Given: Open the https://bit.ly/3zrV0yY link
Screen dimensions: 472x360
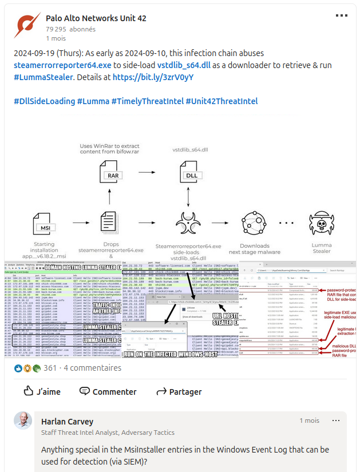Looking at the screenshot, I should [153, 77].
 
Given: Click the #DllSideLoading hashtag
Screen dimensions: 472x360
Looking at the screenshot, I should [44, 101].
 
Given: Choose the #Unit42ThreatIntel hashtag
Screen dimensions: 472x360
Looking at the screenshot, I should [221, 101].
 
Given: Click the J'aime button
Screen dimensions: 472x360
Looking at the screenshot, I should [42, 392].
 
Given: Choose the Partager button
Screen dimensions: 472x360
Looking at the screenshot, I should [179, 392].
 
